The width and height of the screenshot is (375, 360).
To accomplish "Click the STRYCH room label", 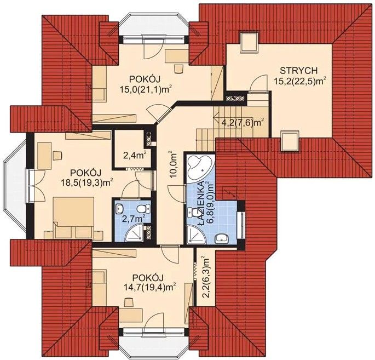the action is pos(299,71).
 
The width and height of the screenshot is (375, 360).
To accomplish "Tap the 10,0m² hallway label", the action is pos(175,165).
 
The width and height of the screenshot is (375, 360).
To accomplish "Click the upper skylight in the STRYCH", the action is pos(249,42).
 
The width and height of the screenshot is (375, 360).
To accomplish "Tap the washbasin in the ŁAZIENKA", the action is pos(222,238).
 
